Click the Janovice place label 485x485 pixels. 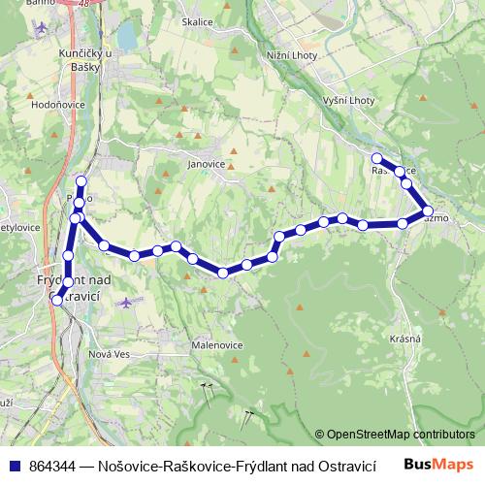tap(206, 164)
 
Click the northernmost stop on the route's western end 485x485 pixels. tap(81, 182)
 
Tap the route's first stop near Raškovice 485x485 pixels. tap(377, 158)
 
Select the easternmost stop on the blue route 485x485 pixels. tap(427, 210)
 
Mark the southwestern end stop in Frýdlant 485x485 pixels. tap(57, 301)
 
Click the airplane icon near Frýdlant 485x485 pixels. tap(125, 302)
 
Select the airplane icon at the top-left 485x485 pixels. tap(40, 27)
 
